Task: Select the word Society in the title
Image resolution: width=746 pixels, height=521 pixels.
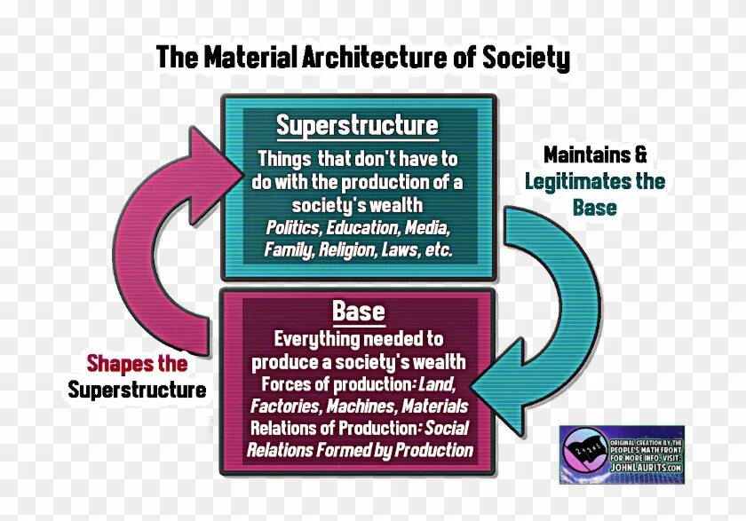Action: coord(526,59)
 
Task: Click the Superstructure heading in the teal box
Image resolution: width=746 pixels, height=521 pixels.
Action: coord(357,125)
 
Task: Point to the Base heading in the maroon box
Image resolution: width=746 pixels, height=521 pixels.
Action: coord(359,312)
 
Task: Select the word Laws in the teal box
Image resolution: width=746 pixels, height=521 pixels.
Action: coord(402,250)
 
